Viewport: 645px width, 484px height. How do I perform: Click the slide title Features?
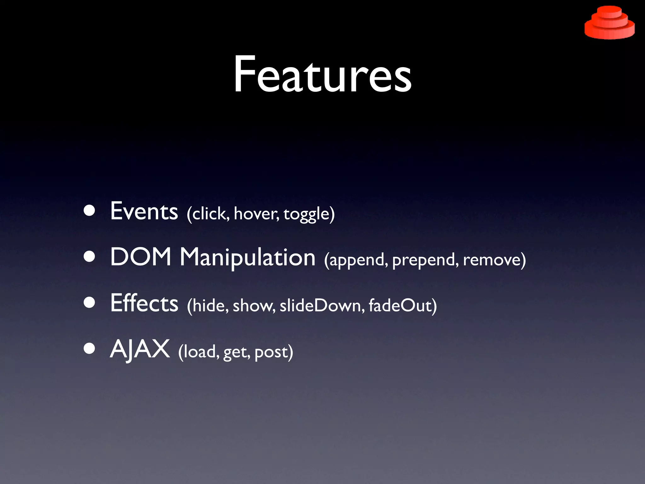pos(322,74)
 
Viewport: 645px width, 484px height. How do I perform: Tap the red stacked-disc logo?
pos(609,23)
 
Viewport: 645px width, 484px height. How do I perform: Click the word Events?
pos(144,211)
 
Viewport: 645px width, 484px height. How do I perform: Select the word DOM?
pos(141,257)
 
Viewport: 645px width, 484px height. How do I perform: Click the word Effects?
pos(144,303)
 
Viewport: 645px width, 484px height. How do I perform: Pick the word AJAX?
pos(140,349)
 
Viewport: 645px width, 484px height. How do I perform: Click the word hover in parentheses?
pos(256,214)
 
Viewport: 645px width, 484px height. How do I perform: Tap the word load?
pos(200,351)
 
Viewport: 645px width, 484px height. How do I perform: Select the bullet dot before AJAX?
pos(89,349)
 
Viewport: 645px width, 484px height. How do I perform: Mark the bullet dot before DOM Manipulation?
pos(89,257)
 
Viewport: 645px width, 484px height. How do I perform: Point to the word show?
pos(254,306)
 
